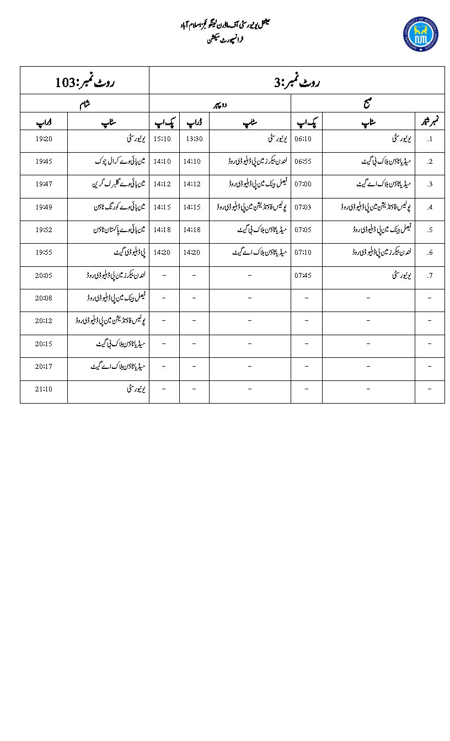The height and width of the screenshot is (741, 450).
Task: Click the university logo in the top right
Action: coord(420,34)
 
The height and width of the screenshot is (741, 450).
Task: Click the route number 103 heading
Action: coord(84,83)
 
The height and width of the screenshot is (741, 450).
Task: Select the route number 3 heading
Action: coord(297,83)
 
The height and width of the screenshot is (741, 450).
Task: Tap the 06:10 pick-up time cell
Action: coord(304,139)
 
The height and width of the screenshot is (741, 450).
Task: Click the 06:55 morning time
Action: coord(304,162)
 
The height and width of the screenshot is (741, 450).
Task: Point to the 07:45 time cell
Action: coord(304,275)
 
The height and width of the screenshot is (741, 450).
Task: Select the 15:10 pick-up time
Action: coord(162,139)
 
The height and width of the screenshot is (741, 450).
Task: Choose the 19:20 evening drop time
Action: coord(44,139)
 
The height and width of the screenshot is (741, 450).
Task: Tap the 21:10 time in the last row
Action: coord(44,389)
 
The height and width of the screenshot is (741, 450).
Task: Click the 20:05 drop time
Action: coord(44,275)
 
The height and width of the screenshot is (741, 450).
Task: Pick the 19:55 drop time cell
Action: coord(44,253)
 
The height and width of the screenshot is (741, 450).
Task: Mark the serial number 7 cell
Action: coord(430,275)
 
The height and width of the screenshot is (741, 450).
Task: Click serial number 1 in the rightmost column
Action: coord(430,139)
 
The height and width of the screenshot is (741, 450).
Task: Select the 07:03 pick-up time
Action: coord(304,207)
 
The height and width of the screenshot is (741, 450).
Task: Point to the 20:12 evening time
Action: coord(44,320)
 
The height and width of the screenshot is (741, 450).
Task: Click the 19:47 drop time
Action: coord(44,184)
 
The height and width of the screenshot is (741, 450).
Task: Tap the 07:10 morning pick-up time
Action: coord(304,253)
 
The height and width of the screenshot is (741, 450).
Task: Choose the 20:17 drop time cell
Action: coord(44,366)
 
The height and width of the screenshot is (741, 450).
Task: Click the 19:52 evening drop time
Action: coord(44,229)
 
